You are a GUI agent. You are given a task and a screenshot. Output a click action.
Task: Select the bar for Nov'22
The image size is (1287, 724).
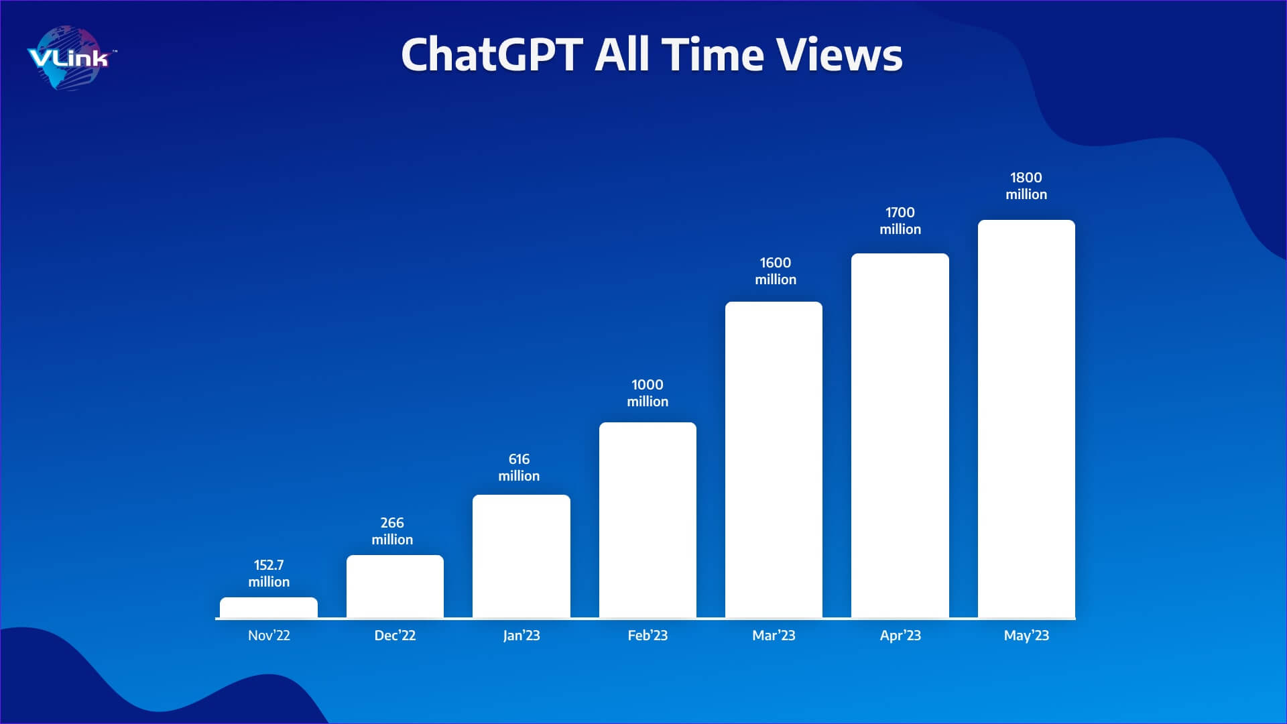[x=269, y=607]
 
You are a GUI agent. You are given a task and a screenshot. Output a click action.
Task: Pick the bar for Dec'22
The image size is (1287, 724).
[x=395, y=587]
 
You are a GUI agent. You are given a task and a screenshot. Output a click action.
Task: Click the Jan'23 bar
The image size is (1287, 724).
[x=522, y=556]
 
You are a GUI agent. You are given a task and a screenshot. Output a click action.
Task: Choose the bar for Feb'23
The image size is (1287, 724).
[x=648, y=520]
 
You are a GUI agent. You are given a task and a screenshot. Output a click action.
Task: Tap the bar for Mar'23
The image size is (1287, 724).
[x=774, y=460]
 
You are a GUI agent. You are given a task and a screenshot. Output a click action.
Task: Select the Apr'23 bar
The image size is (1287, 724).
[x=900, y=436]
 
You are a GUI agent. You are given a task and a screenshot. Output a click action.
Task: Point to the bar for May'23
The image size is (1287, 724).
[x=1026, y=419]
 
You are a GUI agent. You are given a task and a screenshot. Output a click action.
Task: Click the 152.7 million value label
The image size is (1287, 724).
[x=269, y=574]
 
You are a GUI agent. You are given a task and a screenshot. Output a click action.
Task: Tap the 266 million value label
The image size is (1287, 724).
[x=392, y=532]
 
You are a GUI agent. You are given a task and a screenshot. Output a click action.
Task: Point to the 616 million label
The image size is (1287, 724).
[x=519, y=468]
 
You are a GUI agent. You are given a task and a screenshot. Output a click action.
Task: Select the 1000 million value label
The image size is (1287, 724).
[x=648, y=394]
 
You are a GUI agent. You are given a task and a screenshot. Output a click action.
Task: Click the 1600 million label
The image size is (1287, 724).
[x=776, y=271]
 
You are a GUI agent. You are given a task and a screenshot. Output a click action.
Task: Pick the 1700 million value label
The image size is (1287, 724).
[x=900, y=221]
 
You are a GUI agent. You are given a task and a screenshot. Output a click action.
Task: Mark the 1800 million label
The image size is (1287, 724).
[x=1026, y=186]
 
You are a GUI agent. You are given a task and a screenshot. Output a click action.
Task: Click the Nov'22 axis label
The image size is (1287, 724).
[x=269, y=636]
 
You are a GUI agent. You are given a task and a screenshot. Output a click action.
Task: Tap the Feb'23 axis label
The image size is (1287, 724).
[x=648, y=636]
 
